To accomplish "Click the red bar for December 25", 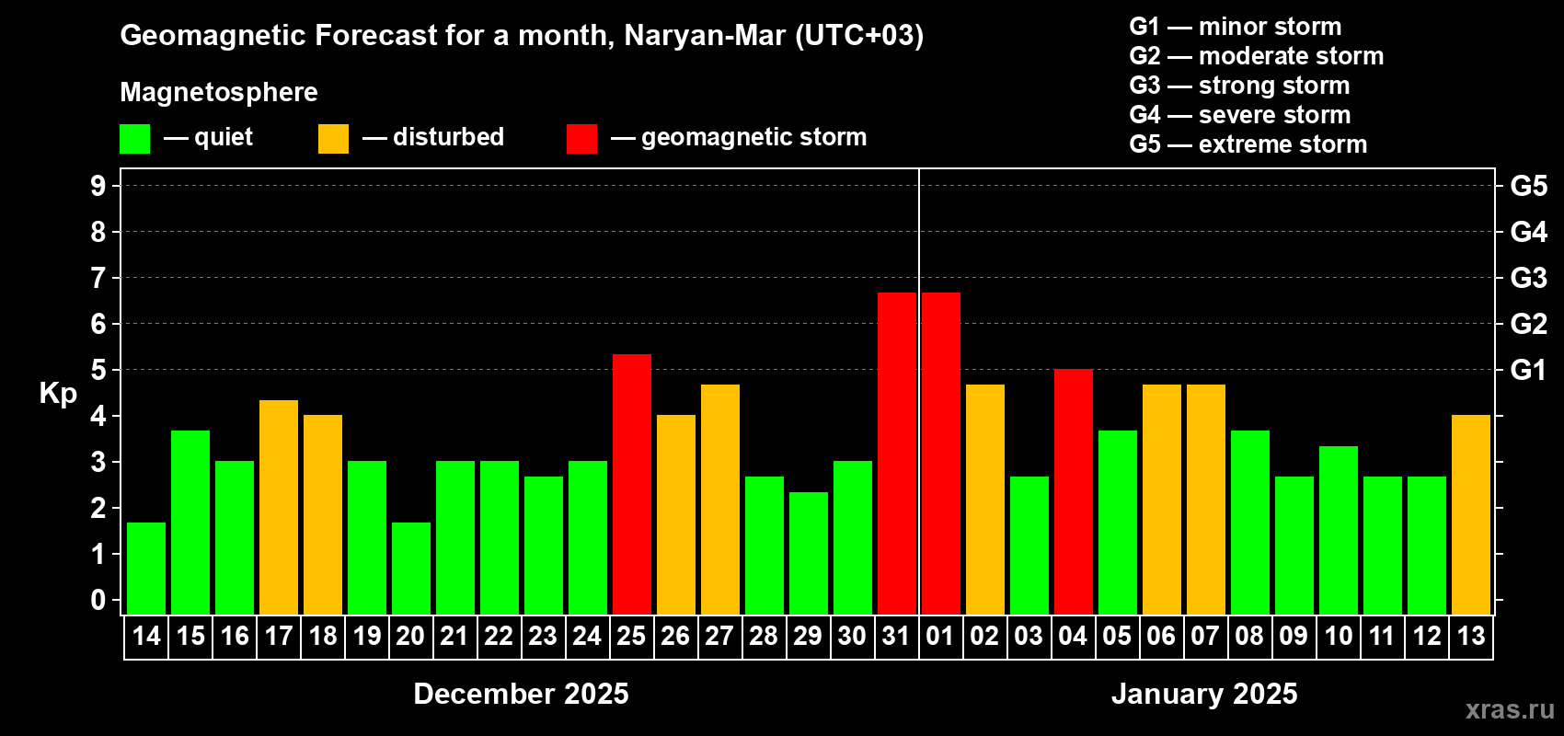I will pyautogui.click(x=632, y=484).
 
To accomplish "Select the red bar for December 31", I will pyautogui.click(x=897, y=453).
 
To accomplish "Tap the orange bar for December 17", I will pyautogui.click(x=279, y=507).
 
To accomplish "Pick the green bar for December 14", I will pyautogui.click(x=146, y=568).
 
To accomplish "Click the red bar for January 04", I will pyautogui.click(x=1074, y=491).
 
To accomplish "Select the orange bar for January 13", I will pyautogui.click(x=1471, y=514).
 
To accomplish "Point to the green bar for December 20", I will pyautogui.click(x=411, y=568).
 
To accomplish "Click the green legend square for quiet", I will pyautogui.click(x=135, y=139).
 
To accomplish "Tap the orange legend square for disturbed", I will pyautogui.click(x=333, y=139).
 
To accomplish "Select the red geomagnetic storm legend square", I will pyautogui.click(x=581, y=139).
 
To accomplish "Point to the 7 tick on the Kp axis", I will pyautogui.click(x=98, y=278).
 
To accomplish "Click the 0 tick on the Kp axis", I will pyautogui.click(x=98, y=600).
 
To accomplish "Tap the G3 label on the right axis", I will pyautogui.click(x=1528, y=278).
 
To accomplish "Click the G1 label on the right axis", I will pyautogui.click(x=1528, y=370).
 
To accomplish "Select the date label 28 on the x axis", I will pyautogui.click(x=764, y=636).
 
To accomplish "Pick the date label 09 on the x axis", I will pyautogui.click(x=1294, y=636).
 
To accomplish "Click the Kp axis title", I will pyautogui.click(x=58, y=393).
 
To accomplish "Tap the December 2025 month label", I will pyautogui.click(x=521, y=694).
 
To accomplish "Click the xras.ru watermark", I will pyautogui.click(x=1510, y=708).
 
